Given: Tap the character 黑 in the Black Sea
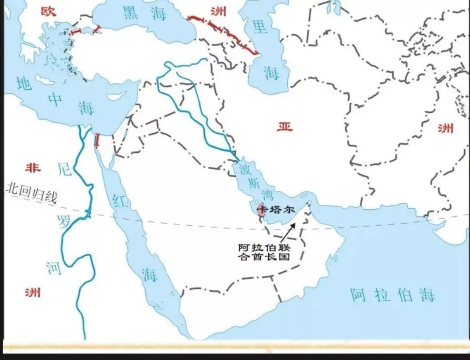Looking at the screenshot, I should tap(130, 14).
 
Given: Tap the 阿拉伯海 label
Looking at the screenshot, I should tap(393, 295).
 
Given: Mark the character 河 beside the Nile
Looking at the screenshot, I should tap(54, 268).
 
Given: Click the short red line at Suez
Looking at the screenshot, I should tap(97, 140).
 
